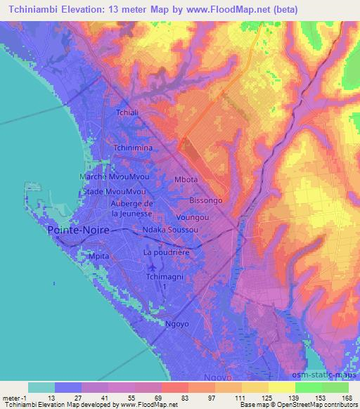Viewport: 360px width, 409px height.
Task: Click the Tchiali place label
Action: [129, 112]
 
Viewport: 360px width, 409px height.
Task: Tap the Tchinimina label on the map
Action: [134, 148]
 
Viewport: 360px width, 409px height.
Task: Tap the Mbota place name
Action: [186, 180]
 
